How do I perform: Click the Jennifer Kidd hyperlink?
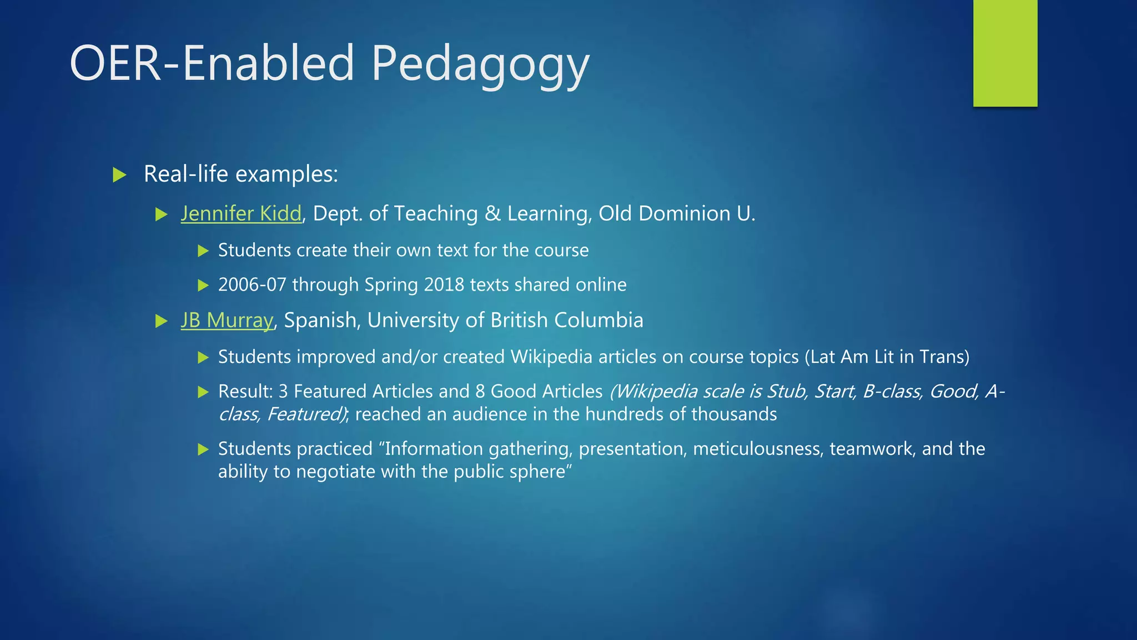[241, 214]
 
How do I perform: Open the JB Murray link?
[227, 321]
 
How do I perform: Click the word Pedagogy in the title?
[480, 65]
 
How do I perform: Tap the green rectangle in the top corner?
[1005, 53]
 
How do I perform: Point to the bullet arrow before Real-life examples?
[119, 175]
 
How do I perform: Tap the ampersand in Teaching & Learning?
[492, 214]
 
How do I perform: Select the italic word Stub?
[786, 392]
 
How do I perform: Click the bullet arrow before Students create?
[203, 251]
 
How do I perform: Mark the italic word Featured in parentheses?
[305, 414]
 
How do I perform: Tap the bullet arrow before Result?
[203, 392]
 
